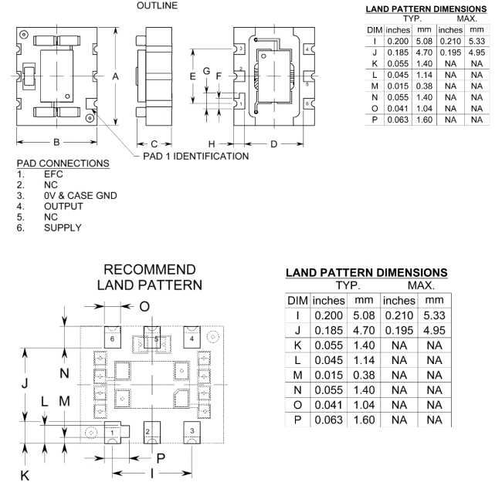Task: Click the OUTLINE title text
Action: (x=156, y=6)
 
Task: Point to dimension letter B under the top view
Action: (x=56, y=143)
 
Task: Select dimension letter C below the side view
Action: (x=154, y=143)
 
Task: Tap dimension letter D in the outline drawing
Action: (x=274, y=143)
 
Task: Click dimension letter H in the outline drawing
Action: (x=212, y=143)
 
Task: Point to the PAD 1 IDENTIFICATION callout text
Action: (x=196, y=157)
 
